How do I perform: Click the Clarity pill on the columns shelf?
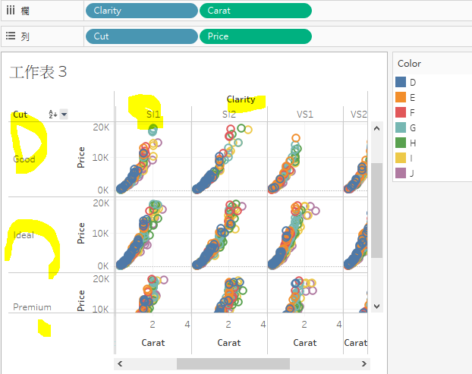click(142, 11)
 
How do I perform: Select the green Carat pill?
click(255, 11)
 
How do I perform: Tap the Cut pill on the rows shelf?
click(142, 36)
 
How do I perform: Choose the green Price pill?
click(255, 36)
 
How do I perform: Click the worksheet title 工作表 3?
click(39, 72)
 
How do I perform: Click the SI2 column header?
click(229, 114)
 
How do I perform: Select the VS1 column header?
click(305, 114)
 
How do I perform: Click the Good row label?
click(24, 159)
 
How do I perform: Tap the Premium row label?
click(32, 307)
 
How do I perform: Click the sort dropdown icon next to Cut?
click(64, 115)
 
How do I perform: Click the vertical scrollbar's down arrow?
click(376, 306)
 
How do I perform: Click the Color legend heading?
click(409, 64)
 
